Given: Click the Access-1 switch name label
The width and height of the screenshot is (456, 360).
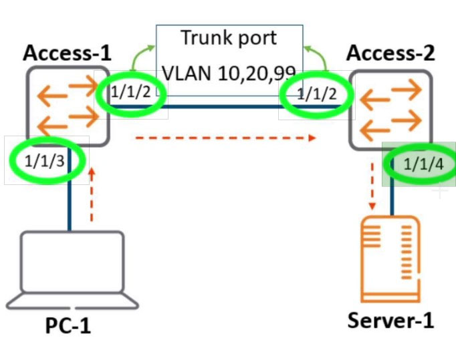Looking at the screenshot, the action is [x=67, y=53].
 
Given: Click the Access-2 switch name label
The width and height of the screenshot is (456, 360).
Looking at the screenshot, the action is [x=390, y=53].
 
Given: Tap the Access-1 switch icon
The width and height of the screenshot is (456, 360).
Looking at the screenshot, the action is [x=68, y=106].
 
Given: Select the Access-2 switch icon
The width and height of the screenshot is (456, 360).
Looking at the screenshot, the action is [x=390, y=110].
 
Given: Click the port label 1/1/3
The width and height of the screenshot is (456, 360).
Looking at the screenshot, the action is [x=45, y=161].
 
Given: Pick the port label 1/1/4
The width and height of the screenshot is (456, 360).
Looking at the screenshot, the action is [x=424, y=164].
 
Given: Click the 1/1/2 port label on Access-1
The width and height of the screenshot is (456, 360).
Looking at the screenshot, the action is [x=131, y=92].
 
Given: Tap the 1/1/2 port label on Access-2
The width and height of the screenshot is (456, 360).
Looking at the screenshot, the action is [x=317, y=94].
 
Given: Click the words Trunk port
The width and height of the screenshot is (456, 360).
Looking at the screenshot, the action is [x=229, y=38].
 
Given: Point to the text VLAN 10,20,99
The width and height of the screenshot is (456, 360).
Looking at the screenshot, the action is [x=229, y=73].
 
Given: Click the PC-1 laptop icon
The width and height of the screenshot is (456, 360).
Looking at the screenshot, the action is [x=72, y=270].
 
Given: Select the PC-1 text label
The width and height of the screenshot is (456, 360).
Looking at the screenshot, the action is [x=68, y=325].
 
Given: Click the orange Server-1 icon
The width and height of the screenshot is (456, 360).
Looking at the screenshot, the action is [x=390, y=259].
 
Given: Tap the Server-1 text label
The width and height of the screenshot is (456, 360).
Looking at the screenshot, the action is [x=390, y=320].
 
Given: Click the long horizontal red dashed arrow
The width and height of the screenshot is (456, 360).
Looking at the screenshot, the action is [x=226, y=138].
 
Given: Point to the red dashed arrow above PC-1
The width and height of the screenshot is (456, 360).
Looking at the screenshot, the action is [x=92, y=194].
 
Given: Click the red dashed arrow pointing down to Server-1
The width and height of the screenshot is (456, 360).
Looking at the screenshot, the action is [x=372, y=186].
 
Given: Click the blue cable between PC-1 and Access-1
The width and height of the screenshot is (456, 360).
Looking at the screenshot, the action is [x=70, y=189].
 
